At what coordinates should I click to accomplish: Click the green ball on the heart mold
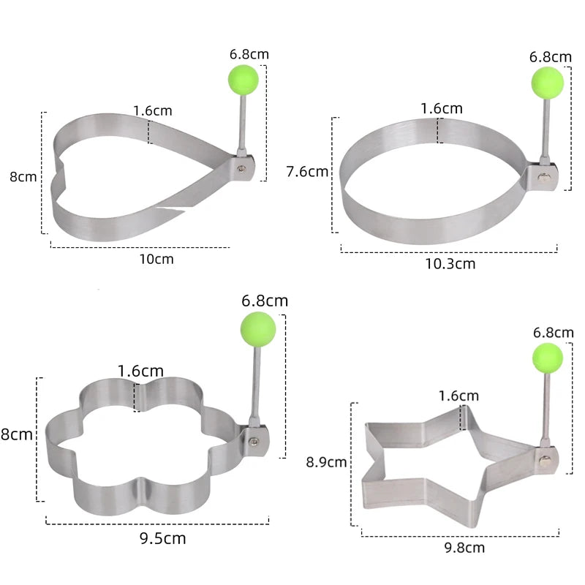tap(244, 80)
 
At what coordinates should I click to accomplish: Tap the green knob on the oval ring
tap(547, 83)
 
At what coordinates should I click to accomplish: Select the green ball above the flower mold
tap(258, 330)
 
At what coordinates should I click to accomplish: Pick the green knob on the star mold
tap(547, 358)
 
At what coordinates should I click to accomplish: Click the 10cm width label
tap(156, 259)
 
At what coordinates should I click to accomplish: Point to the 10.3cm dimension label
tap(450, 264)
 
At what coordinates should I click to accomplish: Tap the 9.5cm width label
tap(162, 538)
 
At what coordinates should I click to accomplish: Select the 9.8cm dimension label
tap(464, 548)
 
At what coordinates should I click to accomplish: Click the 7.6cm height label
tap(307, 172)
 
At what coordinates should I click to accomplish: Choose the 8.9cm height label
tap(326, 462)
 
